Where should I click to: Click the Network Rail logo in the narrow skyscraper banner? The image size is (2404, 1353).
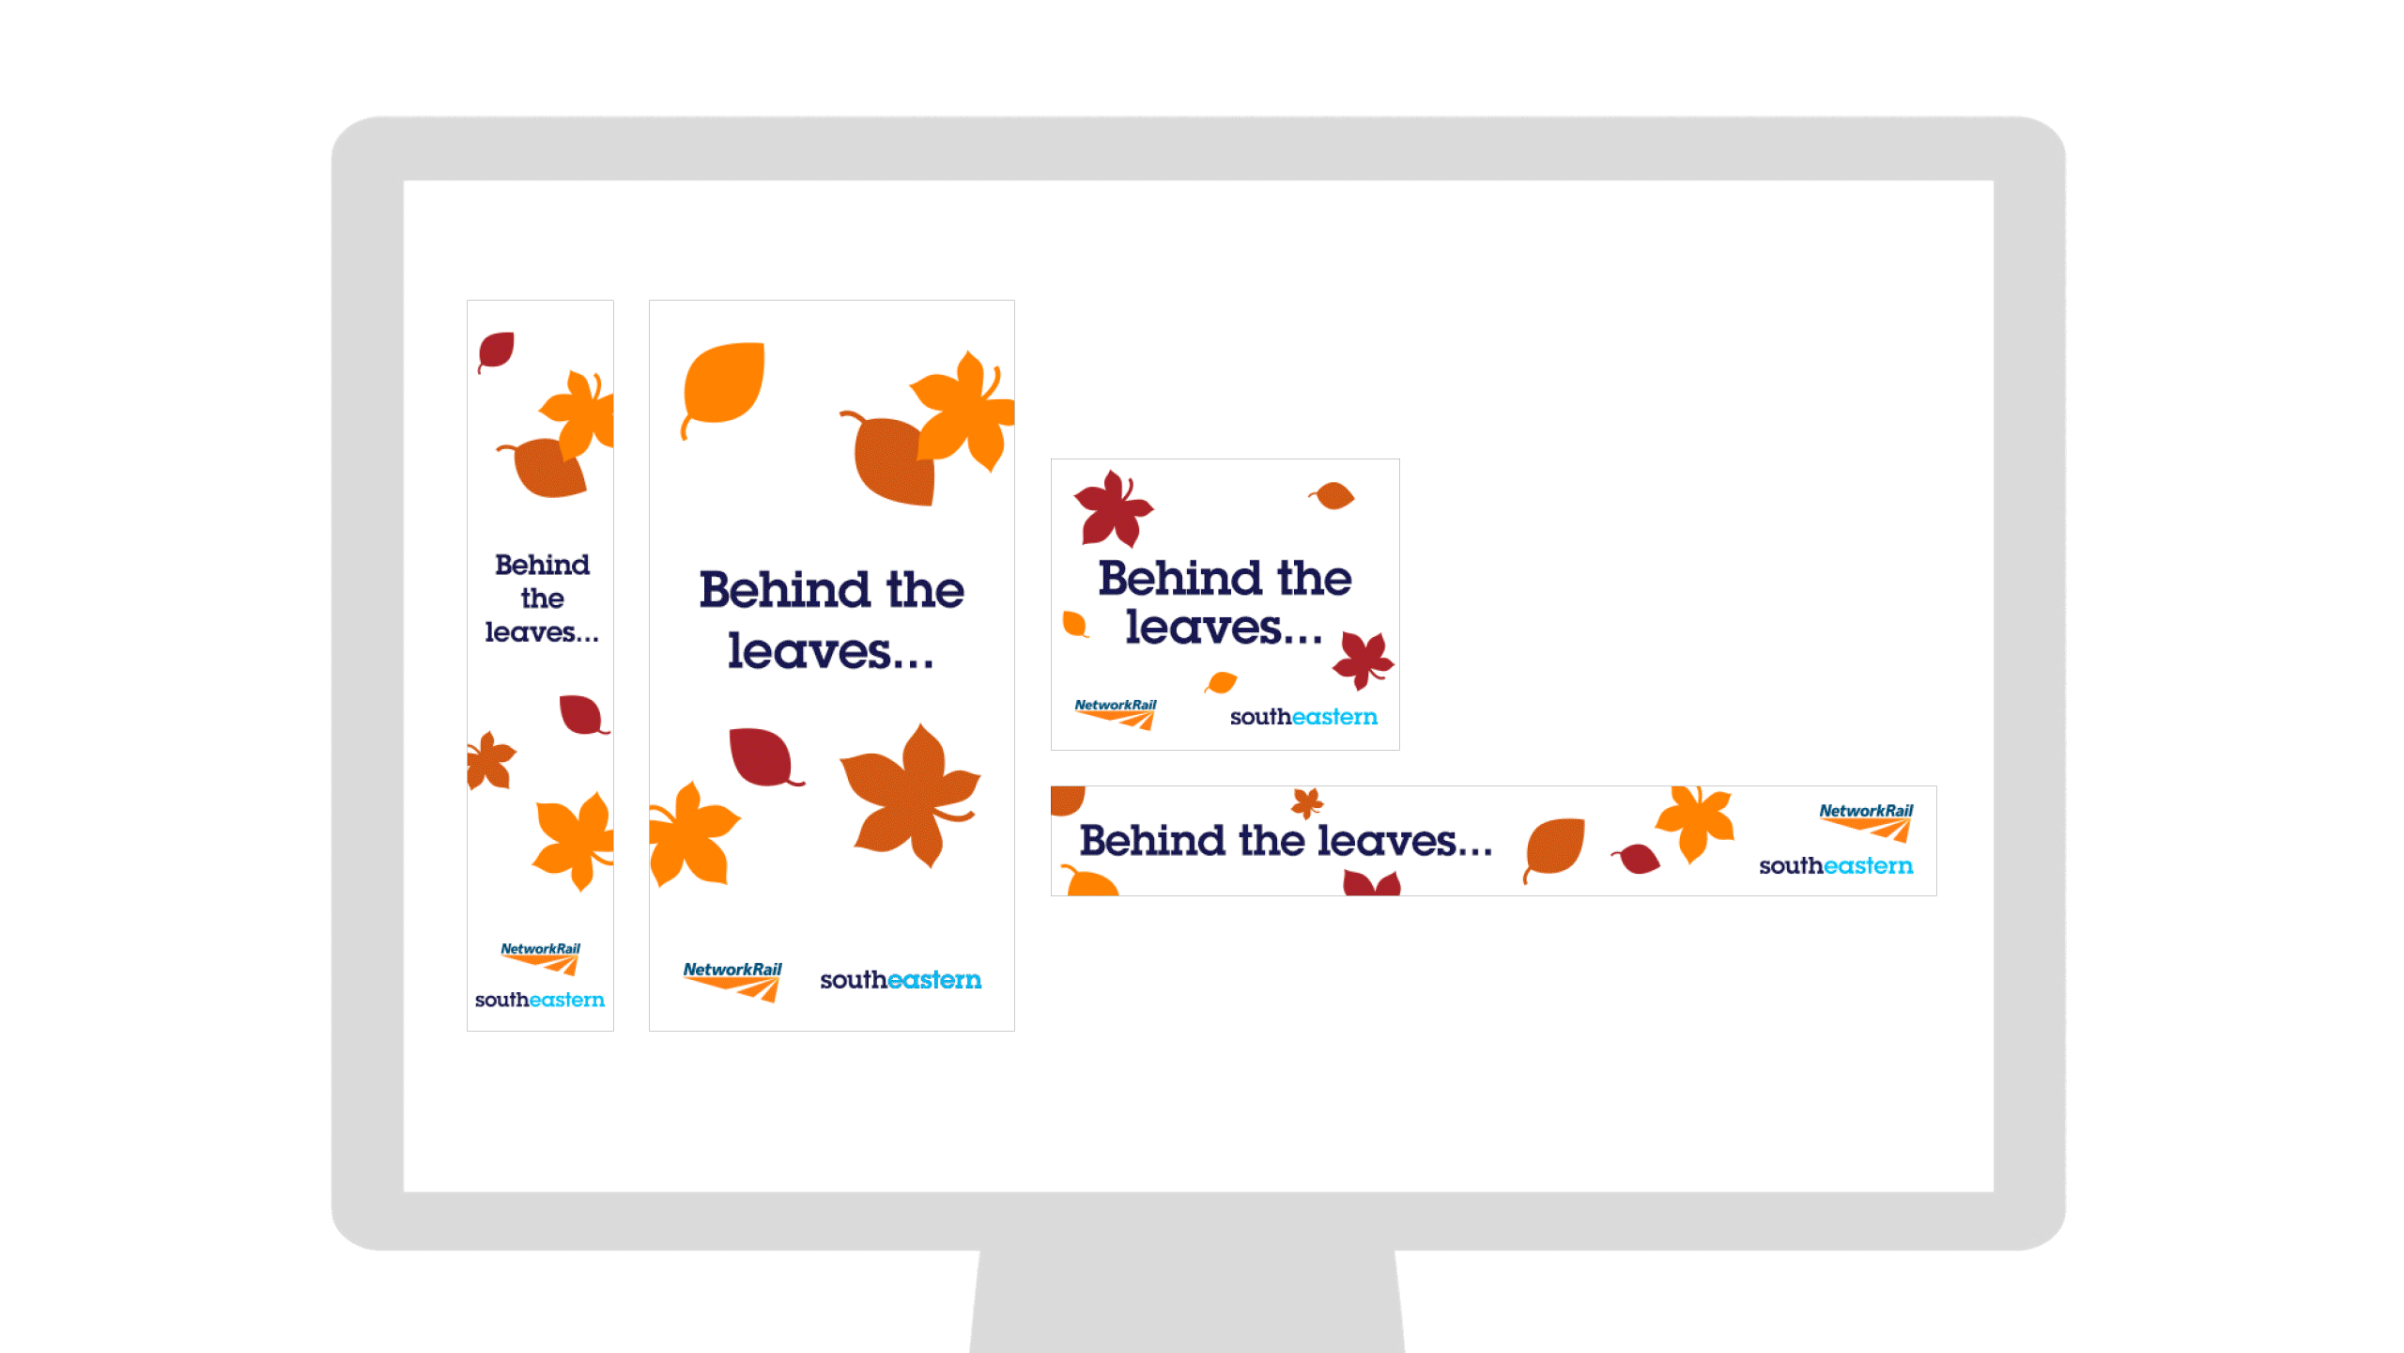(x=541, y=959)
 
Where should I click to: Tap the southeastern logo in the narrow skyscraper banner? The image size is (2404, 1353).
(x=540, y=1000)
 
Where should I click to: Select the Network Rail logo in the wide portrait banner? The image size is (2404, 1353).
(x=732, y=981)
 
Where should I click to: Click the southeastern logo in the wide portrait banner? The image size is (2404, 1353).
(x=901, y=980)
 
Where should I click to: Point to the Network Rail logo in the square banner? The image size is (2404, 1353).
(x=1116, y=714)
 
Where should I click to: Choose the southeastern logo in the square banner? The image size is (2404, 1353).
(x=1303, y=717)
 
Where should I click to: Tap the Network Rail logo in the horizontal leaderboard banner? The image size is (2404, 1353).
(x=1866, y=822)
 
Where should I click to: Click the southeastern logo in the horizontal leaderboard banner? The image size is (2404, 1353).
(x=1836, y=865)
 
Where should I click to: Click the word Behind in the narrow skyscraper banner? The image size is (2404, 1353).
(x=543, y=565)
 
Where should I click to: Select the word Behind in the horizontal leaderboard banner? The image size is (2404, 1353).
(x=1152, y=840)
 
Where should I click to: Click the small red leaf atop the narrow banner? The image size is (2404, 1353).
(x=496, y=351)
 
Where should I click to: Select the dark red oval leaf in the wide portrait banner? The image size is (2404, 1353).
(x=764, y=757)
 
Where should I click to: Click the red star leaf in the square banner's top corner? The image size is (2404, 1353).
(x=1113, y=508)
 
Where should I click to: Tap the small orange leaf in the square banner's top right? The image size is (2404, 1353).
(x=1333, y=495)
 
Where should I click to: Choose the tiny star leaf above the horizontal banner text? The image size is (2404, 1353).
(x=1307, y=803)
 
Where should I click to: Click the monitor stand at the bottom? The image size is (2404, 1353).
(x=1187, y=1301)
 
